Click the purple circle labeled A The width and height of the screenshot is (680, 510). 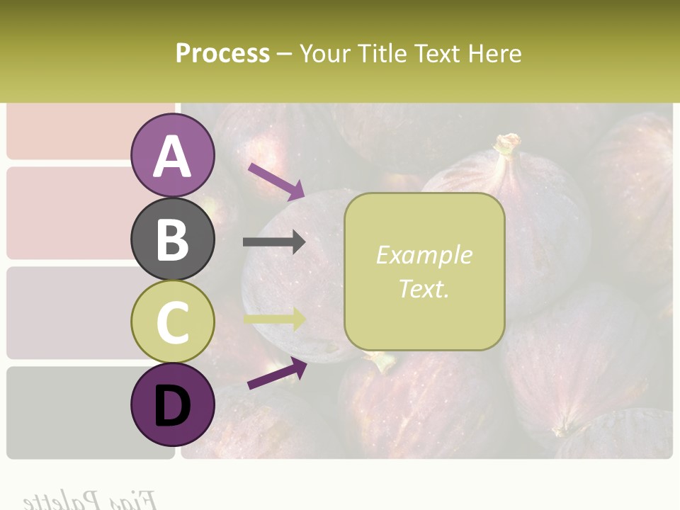[x=173, y=155]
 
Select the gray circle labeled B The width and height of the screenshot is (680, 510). [x=173, y=239]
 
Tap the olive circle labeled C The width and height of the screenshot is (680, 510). [x=173, y=322]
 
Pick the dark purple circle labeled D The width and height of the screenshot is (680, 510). [x=173, y=406]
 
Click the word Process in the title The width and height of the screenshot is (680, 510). [x=222, y=53]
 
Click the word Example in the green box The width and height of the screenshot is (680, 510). [x=424, y=255]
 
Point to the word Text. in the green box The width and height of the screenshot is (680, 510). [x=424, y=288]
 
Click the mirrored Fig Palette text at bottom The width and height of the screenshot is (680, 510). [x=89, y=499]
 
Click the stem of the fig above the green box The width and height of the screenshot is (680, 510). [x=507, y=145]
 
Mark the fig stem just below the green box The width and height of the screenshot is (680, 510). [x=383, y=362]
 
